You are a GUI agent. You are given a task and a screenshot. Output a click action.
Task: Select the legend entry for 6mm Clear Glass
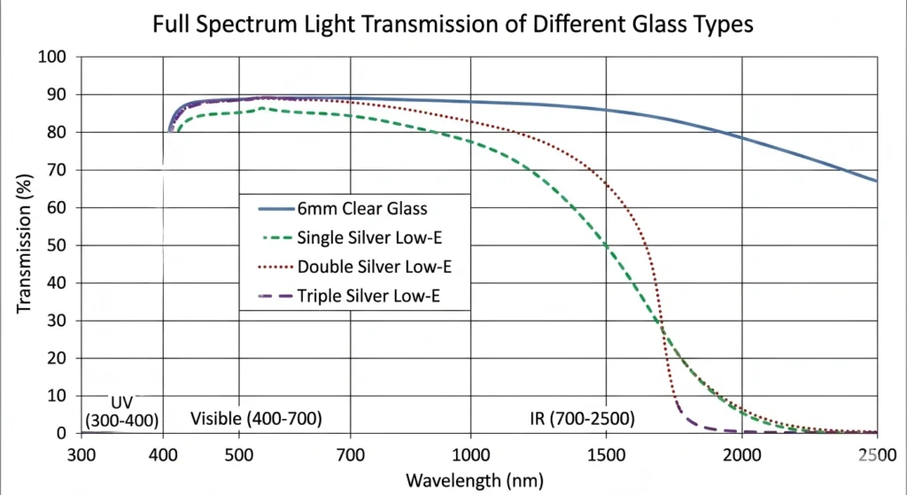tap(362, 209)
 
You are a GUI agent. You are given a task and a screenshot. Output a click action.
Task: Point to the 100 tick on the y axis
tap(54, 58)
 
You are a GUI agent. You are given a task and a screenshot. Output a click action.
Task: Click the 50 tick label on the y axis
tap(58, 245)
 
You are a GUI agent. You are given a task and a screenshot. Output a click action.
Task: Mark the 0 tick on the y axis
tap(62, 433)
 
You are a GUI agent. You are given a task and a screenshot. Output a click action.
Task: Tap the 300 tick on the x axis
tap(81, 453)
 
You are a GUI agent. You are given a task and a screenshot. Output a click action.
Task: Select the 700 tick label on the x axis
tap(351, 453)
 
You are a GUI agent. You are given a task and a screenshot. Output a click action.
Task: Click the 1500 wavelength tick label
tap(606, 453)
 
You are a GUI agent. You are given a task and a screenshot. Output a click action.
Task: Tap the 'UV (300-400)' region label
tap(121, 409)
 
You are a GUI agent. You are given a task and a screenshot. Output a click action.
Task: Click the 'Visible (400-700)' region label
tap(256, 417)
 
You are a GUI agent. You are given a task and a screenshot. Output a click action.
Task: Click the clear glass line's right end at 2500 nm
tap(876, 181)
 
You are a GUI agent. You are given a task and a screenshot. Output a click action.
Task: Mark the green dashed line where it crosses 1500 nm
tap(606, 244)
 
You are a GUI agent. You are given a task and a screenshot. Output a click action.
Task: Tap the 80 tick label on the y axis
tap(58, 133)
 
